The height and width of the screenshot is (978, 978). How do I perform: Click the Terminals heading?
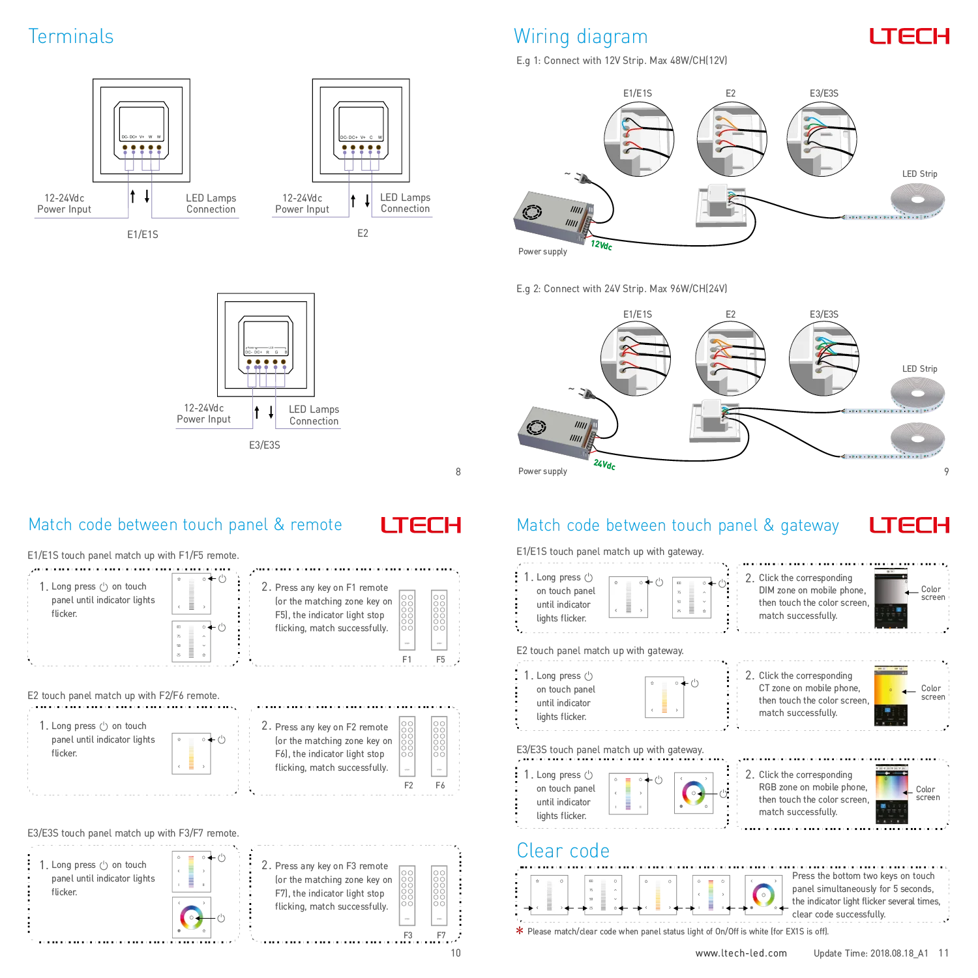point(70,37)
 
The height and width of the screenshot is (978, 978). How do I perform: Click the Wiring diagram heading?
point(580,37)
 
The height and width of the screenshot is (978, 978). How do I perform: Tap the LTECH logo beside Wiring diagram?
point(907,37)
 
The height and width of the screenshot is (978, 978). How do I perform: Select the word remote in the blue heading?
point(316,525)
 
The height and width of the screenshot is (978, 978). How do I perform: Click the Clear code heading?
point(563,851)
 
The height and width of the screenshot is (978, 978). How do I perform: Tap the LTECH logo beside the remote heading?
point(422,526)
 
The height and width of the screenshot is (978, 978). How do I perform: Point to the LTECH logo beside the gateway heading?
point(907,526)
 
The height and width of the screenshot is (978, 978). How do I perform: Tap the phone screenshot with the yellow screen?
point(889,696)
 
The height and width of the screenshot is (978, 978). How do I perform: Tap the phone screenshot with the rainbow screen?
point(891,793)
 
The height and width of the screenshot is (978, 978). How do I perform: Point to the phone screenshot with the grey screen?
point(889,597)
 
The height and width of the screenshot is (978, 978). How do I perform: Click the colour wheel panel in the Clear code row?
point(763,895)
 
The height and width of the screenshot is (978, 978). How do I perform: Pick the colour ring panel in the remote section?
point(191,918)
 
